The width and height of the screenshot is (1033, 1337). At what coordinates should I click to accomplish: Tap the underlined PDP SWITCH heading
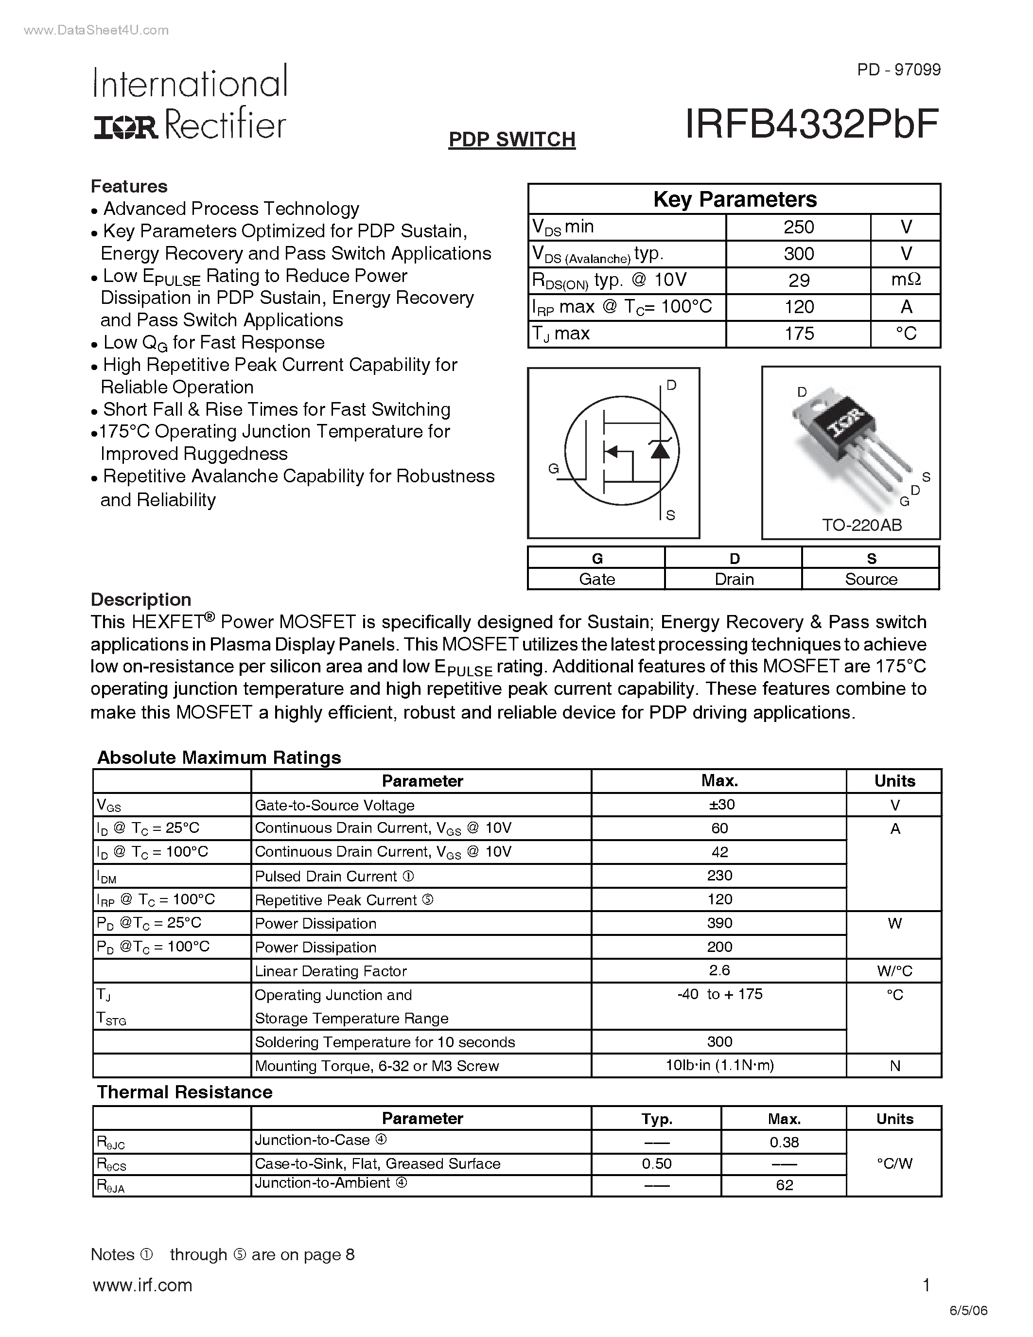pyautogui.click(x=511, y=140)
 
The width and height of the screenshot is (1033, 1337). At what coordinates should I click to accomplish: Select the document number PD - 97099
pyautogui.click(x=898, y=70)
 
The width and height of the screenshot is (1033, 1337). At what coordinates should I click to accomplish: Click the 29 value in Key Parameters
pyautogui.click(x=799, y=281)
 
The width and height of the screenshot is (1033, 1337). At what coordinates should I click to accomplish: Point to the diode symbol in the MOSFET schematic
pyautogui.click(x=660, y=450)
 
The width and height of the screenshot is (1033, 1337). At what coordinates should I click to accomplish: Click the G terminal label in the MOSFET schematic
pyautogui.click(x=553, y=469)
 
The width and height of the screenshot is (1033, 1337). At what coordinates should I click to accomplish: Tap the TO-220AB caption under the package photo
pyautogui.click(x=862, y=525)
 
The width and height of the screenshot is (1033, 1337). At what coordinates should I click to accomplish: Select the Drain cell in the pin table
pyautogui.click(x=734, y=579)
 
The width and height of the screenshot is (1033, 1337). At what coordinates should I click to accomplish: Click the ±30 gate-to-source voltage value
pyautogui.click(x=719, y=805)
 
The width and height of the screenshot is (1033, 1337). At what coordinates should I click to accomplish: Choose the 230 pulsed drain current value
pyautogui.click(x=719, y=876)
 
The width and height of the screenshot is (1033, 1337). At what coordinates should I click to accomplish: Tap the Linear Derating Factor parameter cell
pyautogui.click(x=331, y=971)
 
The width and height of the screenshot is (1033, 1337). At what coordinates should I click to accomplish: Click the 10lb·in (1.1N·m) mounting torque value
pyautogui.click(x=719, y=1066)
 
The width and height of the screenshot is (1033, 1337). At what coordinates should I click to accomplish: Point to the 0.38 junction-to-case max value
pyautogui.click(x=784, y=1143)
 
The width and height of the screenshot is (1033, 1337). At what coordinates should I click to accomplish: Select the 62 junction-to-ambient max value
pyautogui.click(x=784, y=1185)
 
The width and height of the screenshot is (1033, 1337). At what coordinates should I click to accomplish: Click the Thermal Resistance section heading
pyautogui.click(x=184, y=1092)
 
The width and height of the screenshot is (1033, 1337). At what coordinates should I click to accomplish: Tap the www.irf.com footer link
pyautogui.click(x=142, y=1285)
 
